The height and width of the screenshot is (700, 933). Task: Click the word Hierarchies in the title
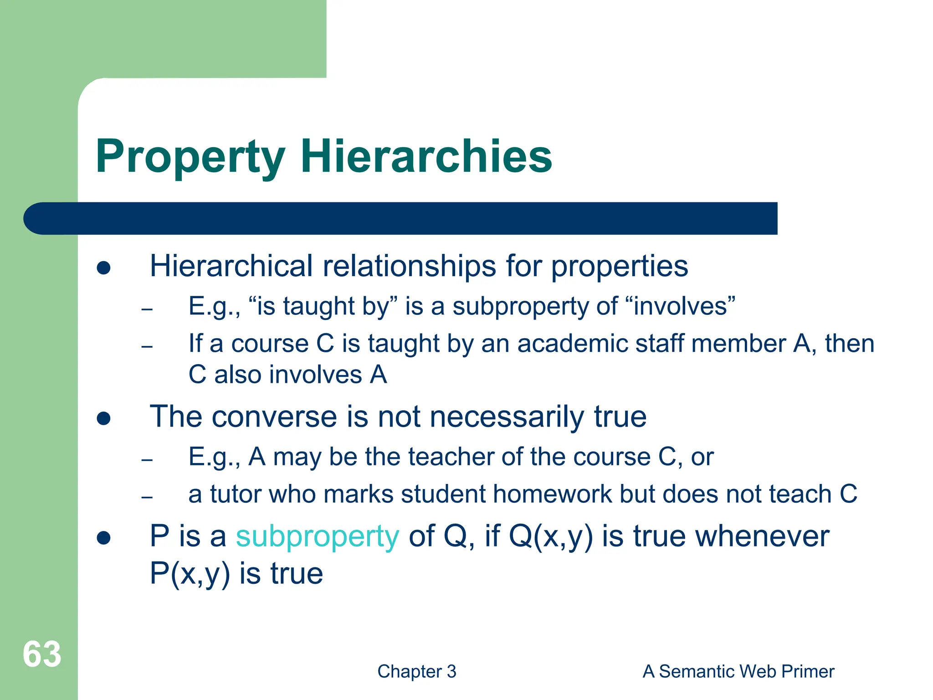[x=426, y=156]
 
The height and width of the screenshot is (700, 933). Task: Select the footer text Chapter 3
[x=416, y=671]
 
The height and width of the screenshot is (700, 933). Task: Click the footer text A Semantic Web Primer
[x=738, y=671]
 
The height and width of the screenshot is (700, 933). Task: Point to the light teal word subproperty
[x=317, y=536]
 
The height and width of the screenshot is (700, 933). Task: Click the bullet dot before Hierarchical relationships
[x=104, y=268]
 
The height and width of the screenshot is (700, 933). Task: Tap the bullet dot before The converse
[x=104, y=418]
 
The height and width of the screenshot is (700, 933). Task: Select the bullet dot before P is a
[x=104, y=538]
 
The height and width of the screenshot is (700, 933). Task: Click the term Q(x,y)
[x=551, y=536]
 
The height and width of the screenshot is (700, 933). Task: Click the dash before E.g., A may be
[x=147, y=459]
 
